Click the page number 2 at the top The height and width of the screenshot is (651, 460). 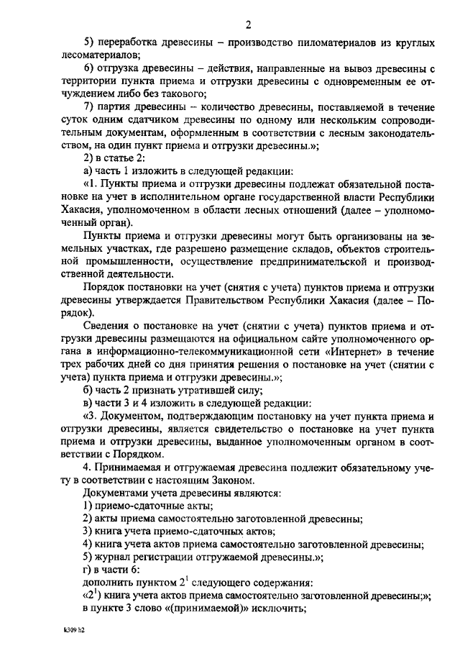(247, 27)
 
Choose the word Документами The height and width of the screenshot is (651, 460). (114, 493)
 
